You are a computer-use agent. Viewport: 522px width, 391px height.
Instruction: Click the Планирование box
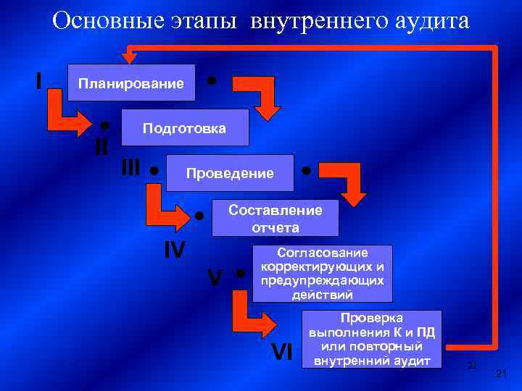point(130,84)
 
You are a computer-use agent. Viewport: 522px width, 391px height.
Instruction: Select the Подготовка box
point(184,128)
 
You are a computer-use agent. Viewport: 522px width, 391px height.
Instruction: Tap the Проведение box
point(230,173)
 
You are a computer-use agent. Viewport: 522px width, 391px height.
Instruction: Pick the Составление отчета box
point(275,218)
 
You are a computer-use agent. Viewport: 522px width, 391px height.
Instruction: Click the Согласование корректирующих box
point(322,274)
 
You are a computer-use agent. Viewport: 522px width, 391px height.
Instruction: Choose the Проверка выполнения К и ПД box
point(371,339)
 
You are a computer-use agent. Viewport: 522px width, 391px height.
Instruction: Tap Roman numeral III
point(130,168)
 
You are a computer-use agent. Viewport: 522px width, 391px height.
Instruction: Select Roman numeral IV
point(174,250)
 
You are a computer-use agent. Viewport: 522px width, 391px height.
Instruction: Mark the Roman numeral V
point(215,277)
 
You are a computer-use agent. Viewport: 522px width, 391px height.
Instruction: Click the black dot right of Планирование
point(211,78)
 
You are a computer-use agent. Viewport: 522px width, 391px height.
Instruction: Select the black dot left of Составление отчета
point(199,215)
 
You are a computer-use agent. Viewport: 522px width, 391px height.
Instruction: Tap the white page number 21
point(499,373)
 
